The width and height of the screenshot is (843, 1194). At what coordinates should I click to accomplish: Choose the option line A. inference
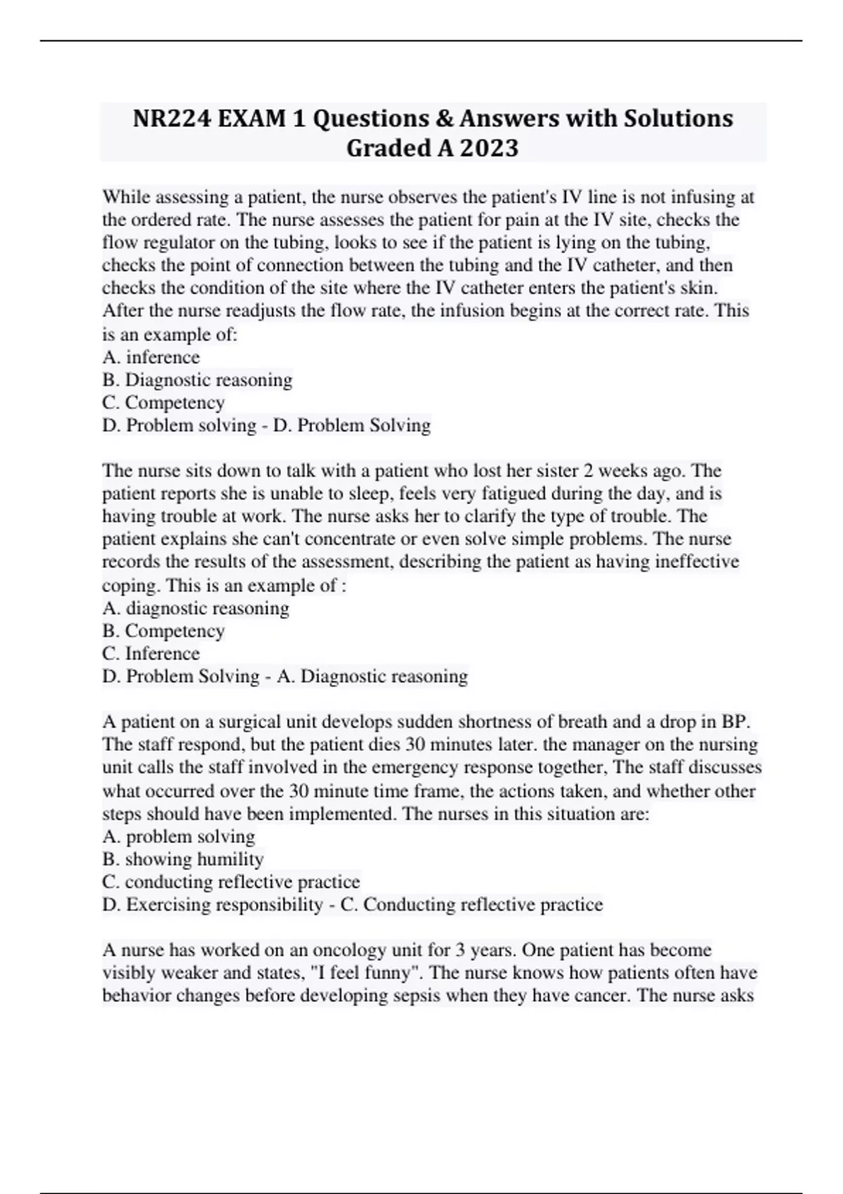151,357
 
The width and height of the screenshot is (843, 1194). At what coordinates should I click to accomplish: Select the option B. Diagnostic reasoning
197,380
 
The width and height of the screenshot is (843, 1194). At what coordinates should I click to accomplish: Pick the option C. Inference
151,653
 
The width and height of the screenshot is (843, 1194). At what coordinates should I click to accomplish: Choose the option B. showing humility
183,859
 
